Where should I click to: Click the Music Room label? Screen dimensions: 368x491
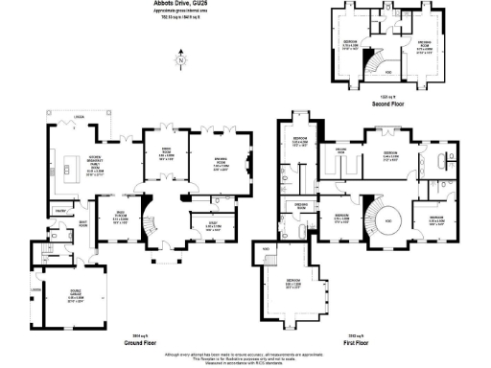(x=120, y=216)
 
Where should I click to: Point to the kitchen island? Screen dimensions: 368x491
(x=66, y=174)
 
